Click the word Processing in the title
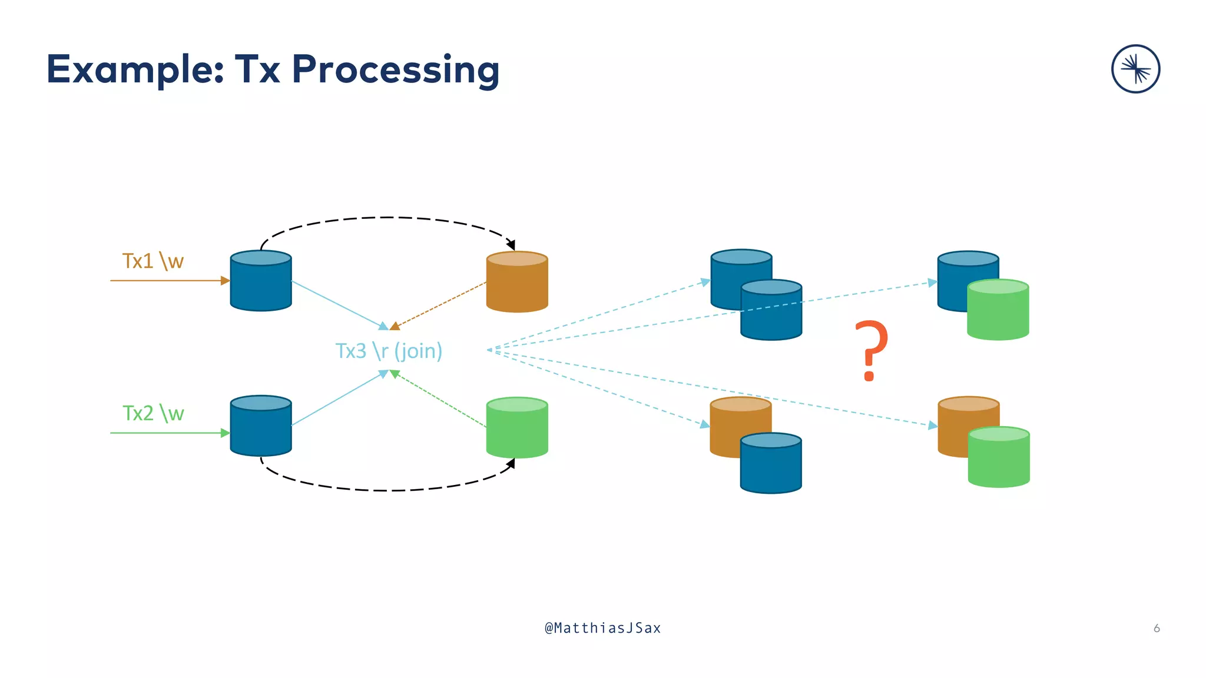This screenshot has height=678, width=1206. [395, 70]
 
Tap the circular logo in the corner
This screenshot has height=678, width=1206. [1135, 69]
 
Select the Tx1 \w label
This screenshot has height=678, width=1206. [153, 261]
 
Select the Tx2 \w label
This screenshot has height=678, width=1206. [153, 413]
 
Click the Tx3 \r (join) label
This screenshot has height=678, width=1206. [389, 351]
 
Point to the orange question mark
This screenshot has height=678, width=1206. [871, 351]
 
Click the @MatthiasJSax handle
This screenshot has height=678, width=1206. [602, 628]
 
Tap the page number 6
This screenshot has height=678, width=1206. [1157, 628]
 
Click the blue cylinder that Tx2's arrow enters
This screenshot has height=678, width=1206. [261, 426]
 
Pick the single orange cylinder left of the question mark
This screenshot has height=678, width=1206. [517, 282]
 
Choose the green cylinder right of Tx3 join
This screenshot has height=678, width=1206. [517, 428]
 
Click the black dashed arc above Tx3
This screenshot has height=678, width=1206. [386, 218]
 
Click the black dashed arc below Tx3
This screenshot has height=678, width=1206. [386, 490]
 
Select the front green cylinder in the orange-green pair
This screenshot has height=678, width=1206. [999, 458]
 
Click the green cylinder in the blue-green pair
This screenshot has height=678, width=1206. [998, 310]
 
